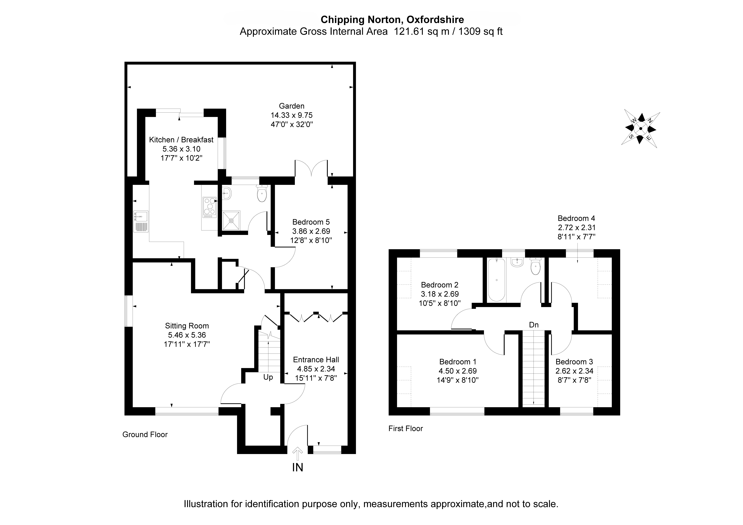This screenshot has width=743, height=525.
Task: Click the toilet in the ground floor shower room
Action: [262, 194]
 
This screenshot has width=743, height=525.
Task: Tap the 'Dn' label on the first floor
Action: [534, 325]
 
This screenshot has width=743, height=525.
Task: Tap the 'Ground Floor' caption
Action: [145, 434]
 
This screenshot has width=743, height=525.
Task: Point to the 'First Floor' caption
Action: [405, 428]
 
